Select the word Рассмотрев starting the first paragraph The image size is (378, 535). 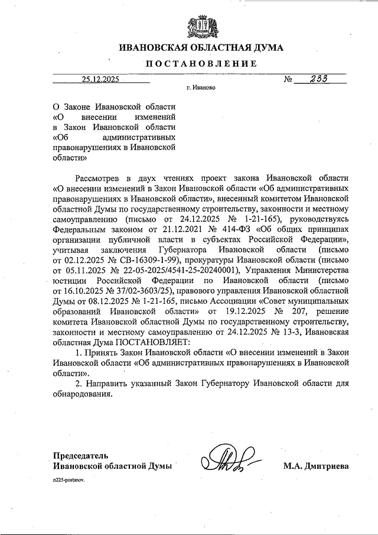pos(101,177)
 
